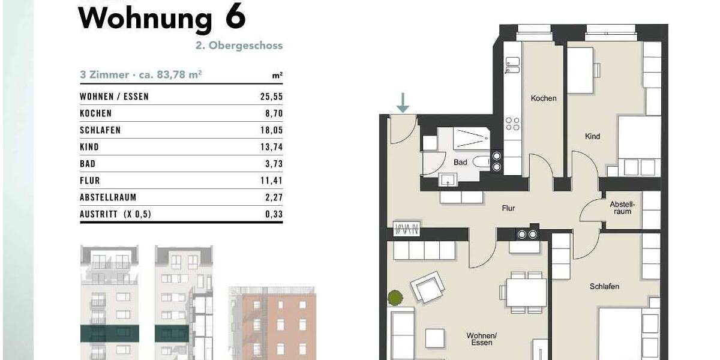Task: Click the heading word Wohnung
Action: pos(146,18)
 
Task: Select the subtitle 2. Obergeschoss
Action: pos(247,46)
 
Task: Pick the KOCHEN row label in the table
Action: pos(96,113)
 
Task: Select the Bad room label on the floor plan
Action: pos(460,163)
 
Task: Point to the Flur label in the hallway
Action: pos(509,209)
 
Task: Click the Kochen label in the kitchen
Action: pos(544,98)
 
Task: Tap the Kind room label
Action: pos(592,137)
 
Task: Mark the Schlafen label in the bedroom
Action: pos(604,286)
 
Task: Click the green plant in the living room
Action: pos(395,297)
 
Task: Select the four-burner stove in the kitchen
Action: pos(512,124)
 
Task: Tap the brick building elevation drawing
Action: pos(272,324)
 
